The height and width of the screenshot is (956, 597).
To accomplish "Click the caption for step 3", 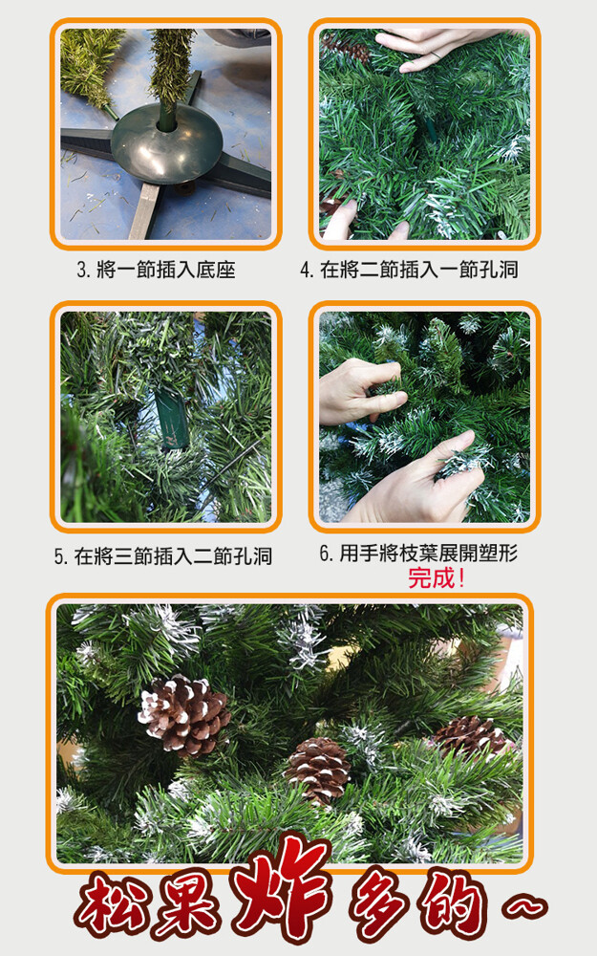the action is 156,270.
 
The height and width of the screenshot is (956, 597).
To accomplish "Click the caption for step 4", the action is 410,269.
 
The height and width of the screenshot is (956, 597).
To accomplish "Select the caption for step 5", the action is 163,556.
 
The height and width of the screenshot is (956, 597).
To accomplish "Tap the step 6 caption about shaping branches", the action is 418,553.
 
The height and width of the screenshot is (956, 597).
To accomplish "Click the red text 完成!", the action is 437,577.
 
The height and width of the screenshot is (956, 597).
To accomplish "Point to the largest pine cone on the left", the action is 184,714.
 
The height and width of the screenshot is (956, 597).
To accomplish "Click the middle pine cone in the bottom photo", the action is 317,769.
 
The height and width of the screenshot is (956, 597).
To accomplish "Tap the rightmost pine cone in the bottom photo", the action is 470,736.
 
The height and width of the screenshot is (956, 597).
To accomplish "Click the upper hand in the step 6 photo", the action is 359,391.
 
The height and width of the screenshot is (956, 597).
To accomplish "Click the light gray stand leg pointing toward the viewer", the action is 144,211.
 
